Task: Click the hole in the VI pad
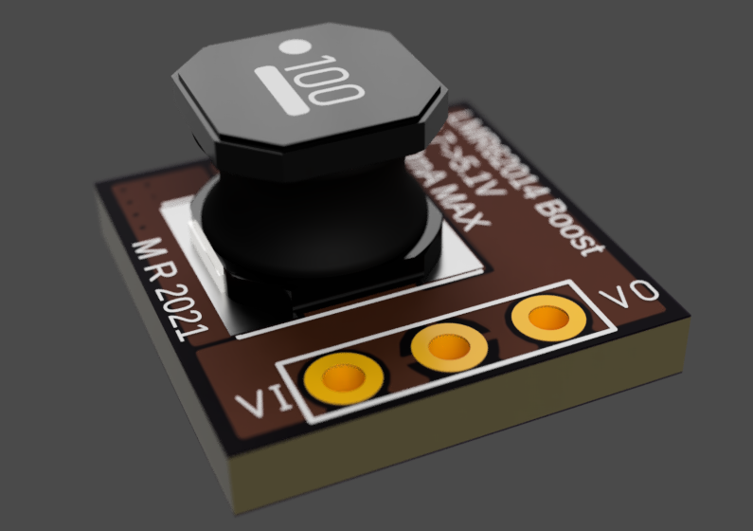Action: click(341, 379)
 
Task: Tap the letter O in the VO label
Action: click(644, 290)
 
